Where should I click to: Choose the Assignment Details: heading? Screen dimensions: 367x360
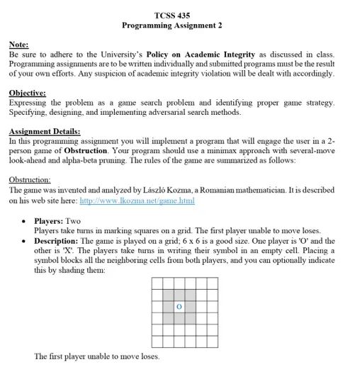(44, 131)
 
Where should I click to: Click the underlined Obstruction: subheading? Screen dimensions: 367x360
(29, 180)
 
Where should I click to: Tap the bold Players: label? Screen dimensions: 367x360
(49, 220)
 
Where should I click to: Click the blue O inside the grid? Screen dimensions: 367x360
(179, 307)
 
